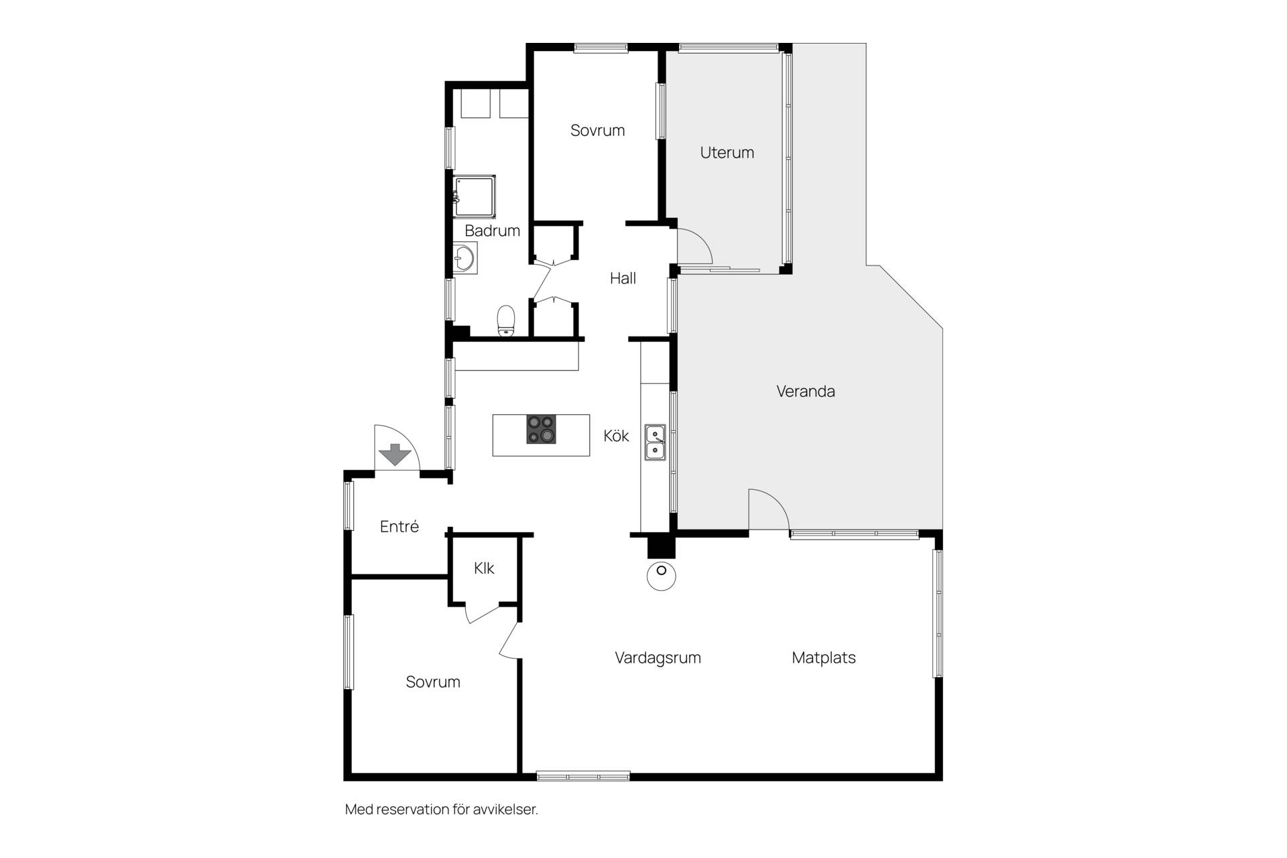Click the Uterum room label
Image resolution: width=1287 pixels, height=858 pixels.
727,153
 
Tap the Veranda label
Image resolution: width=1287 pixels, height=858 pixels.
805,391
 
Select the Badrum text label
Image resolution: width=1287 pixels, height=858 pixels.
492,231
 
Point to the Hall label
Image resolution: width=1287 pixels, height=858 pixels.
623,278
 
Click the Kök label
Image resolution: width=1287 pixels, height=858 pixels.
616,436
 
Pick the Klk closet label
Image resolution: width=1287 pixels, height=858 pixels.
484,568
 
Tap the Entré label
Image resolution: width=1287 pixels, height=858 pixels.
399,526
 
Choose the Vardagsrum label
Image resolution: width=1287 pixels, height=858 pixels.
658,658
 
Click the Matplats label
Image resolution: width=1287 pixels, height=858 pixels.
824,658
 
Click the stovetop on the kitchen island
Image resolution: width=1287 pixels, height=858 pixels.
541,430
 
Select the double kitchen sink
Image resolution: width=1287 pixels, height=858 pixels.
655,442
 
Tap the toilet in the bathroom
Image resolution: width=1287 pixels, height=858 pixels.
506,320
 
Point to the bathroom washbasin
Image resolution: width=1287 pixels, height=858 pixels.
464,258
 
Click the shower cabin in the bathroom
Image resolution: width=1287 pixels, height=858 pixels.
475,197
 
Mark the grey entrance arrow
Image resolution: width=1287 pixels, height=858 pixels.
395,454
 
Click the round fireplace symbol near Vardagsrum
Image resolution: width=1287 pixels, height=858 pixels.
662,576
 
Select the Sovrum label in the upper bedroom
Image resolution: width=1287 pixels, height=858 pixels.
597,131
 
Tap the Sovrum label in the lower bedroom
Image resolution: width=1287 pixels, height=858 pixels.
433,682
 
